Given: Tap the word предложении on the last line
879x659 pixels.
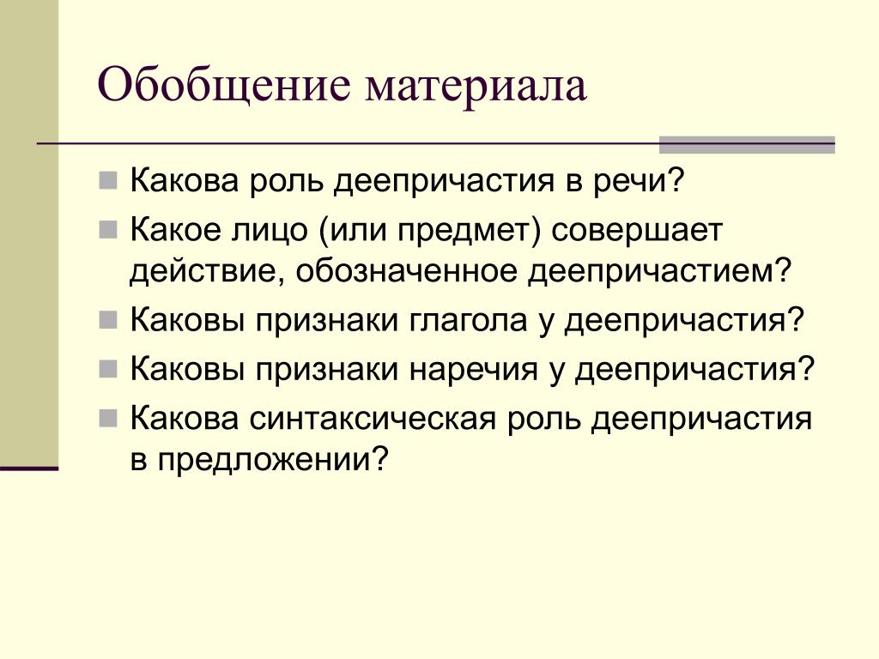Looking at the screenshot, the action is pyautogui.click(x=273, y=461).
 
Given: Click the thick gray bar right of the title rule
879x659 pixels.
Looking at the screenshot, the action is pyautogui.click(x=747, y=144).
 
